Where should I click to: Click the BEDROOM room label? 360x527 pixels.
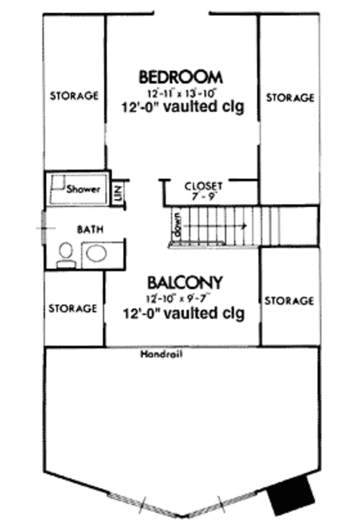tap(181, 77)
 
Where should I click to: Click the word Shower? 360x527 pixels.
tap(82, 189)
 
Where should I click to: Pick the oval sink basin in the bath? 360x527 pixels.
tap(96, 253)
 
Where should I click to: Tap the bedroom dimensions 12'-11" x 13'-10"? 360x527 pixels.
tap(181, 94)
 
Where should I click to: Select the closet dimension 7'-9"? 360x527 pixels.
tap(203, 195)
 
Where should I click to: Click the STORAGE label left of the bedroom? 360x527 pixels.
tap(74, 95)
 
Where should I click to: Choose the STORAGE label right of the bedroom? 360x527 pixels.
tap(290, 97)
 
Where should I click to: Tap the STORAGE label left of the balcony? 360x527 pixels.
tap(73, 308)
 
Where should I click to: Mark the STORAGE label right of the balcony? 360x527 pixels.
tap(289, 300)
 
